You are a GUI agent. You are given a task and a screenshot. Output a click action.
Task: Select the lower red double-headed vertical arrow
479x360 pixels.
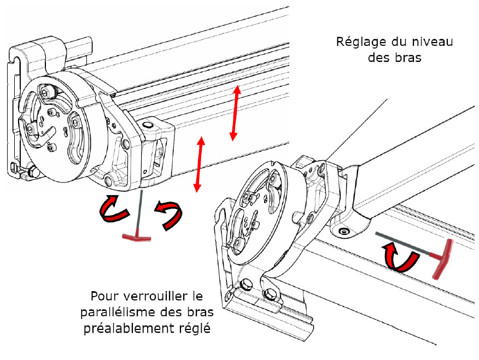coord(199,164)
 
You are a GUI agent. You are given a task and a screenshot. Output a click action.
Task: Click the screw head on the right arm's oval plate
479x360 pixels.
coord(343,232)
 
